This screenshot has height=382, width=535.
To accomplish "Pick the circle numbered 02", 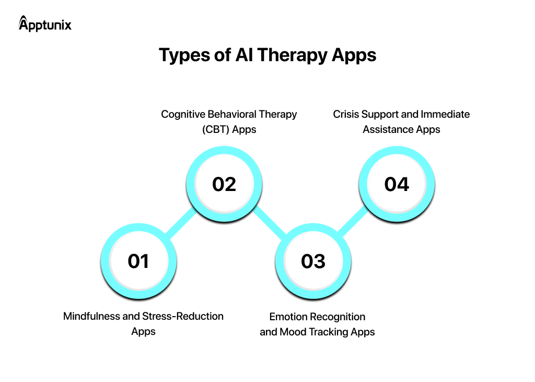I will [224, 184].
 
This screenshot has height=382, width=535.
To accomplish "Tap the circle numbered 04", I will [397, 184].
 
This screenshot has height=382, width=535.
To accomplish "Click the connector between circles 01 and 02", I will [181, 223].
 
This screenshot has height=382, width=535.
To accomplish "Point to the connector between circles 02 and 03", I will [269, 222].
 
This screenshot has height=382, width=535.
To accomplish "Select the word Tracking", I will [331, 332].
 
